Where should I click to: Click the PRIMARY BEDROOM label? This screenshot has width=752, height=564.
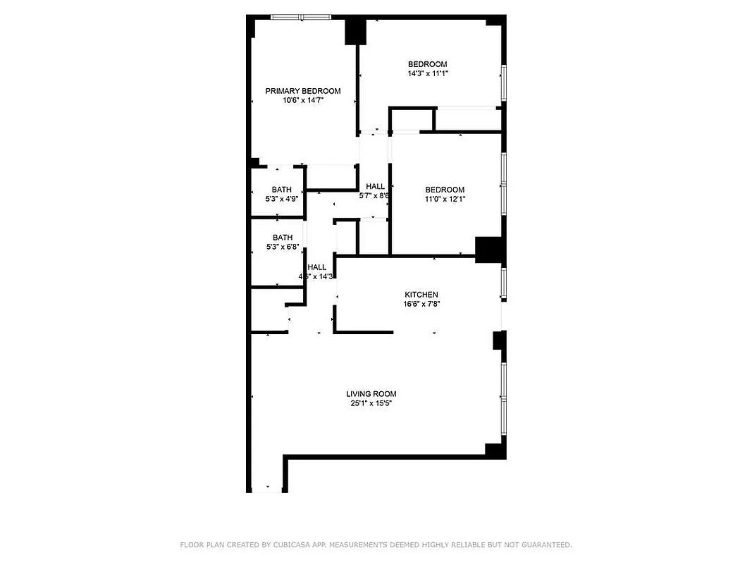click(x=302, y=91)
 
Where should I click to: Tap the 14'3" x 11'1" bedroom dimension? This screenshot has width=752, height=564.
click(x=428, y=73)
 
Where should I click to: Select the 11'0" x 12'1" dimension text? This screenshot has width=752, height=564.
click(x=445, y=199)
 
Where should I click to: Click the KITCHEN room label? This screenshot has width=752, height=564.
click(x=421, y=295)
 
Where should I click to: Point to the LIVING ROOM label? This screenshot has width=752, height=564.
click(x=371, y=394)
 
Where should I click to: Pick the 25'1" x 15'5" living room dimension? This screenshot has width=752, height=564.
click(x=371, y=403)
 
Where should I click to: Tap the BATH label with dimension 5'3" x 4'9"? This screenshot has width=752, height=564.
click(x=282, y=190)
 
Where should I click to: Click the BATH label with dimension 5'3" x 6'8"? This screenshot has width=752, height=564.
click(x=282, y=238)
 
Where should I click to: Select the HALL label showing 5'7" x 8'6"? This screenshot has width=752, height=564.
click(x=375, y=187)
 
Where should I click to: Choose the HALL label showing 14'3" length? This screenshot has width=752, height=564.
click(x=316, y=267)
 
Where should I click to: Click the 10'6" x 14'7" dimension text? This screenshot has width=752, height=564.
click(x=303, y=100)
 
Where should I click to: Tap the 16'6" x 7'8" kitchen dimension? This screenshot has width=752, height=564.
click(x=421, y=304)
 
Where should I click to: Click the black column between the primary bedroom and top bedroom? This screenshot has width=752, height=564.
click(x=355, y=32)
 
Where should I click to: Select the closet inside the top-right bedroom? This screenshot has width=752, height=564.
click(x=467, y=119)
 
